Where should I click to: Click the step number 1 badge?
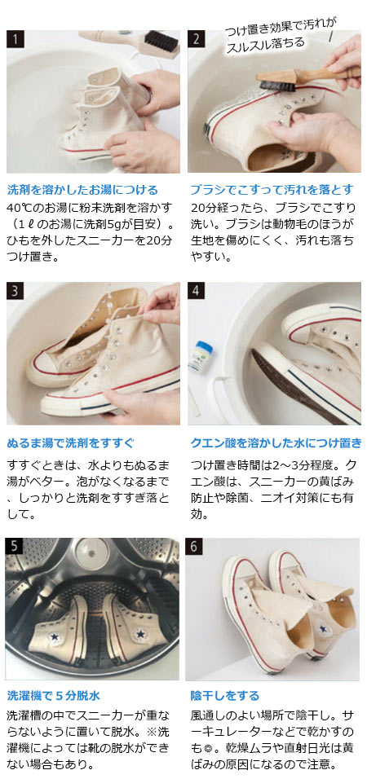[15, 39]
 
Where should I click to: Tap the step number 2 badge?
[197, 39]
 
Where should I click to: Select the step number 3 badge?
[15, 291]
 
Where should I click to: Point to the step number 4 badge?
[197, 291]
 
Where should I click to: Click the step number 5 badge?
[15, 545]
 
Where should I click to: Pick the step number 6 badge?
[197, 545]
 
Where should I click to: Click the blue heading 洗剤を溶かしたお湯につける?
[82, 189]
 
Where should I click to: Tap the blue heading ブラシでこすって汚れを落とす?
[272, 189]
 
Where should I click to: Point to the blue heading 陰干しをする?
[224, 695]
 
